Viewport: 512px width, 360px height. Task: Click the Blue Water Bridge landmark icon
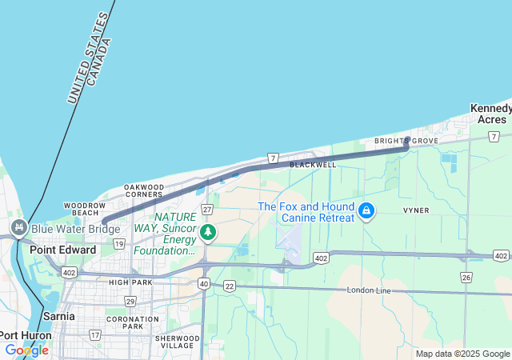click(18, 229)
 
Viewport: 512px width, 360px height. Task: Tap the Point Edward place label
click(62, 250)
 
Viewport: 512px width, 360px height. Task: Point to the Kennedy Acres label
click(490, 114)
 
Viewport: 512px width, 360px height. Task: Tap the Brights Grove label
click(406, 141)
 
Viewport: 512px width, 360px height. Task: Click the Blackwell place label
click(313, 164)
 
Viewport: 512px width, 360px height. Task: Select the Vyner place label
click(416, 210)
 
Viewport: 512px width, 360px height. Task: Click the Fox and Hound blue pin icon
click(366, 210)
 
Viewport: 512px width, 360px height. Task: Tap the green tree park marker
click(208, 233)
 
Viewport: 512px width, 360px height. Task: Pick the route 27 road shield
click(206, 209)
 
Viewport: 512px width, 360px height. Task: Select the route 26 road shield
click(466, 277)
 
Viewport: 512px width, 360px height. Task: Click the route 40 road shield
click(204, 284)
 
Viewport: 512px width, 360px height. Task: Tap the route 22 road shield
click(230, 286)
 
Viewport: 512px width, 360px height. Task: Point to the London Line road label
click(369, 290)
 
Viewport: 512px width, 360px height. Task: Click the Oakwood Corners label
click(144, 190)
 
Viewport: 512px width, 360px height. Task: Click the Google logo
click(26, 350)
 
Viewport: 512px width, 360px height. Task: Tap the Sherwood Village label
click(176, 342)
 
